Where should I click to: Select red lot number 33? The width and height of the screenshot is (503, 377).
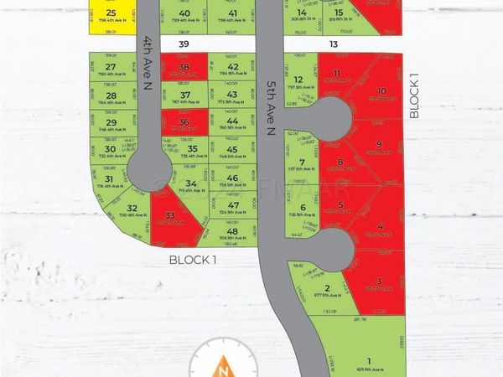171,215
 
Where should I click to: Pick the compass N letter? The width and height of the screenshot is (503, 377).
223,367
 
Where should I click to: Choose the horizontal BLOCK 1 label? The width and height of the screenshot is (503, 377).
193,260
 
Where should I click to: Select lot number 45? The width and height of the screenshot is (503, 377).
232,149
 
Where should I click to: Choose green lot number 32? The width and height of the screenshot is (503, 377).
132,209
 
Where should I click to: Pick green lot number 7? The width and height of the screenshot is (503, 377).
302,163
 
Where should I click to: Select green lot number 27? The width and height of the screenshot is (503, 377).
111,67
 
